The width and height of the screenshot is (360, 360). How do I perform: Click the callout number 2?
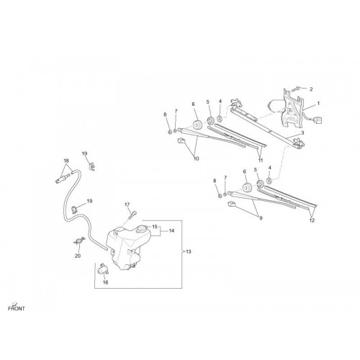[x=311, y=89]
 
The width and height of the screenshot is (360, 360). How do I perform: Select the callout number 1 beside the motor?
[x=318, y=104]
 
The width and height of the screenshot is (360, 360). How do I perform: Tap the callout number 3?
[x=302, y=132]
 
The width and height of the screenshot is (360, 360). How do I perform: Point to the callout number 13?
[x=189, y=252]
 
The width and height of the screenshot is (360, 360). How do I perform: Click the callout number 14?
[x=171, y=231]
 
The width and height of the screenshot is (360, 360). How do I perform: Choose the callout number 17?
[x=127, y=204]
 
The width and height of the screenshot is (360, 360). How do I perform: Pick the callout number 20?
[x=78, y=256]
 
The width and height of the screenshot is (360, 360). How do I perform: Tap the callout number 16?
[x=105, y=282]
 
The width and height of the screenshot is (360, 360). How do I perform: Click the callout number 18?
[x=66, y=161]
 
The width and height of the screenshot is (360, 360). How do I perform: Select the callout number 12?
[x=312, y=220]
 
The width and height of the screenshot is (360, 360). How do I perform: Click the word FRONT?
[x=17, y=309]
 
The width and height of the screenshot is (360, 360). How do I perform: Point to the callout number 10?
[x=196, y=158]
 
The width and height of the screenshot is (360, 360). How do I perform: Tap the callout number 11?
[x=261, y=160]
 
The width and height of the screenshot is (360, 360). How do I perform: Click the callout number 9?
[x=261, y=218]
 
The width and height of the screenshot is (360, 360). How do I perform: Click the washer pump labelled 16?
[x=102, y=270]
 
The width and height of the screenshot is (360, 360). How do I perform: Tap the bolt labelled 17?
[x=132, y=215]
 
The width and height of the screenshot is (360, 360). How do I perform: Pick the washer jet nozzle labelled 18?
[x=63, y=179]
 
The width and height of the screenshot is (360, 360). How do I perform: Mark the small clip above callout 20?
[x=79, y=240]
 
